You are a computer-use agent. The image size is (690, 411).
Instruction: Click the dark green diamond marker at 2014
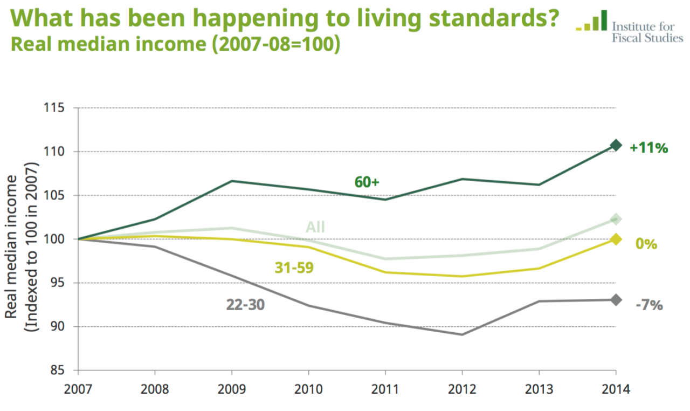[616, 145]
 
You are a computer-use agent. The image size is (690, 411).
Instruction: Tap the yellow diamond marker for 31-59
[616, 239]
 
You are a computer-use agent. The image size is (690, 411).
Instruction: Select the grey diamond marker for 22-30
[616, 300]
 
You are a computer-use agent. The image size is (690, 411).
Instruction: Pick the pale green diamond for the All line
[616, 219]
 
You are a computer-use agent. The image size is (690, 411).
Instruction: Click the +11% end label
[648, 147]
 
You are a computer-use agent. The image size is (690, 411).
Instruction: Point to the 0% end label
[646, 244]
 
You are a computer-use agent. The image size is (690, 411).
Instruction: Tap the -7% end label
[648, 305]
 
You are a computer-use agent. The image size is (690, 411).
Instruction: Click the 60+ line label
[367, 182]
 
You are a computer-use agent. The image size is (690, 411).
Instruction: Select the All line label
[315, 227]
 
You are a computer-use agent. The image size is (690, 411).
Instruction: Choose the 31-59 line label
[294, 267]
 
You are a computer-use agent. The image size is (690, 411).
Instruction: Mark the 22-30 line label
[245, 304]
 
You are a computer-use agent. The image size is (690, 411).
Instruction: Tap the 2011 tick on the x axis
[385, 388]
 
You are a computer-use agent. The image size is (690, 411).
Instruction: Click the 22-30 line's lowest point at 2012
[462, 334]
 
